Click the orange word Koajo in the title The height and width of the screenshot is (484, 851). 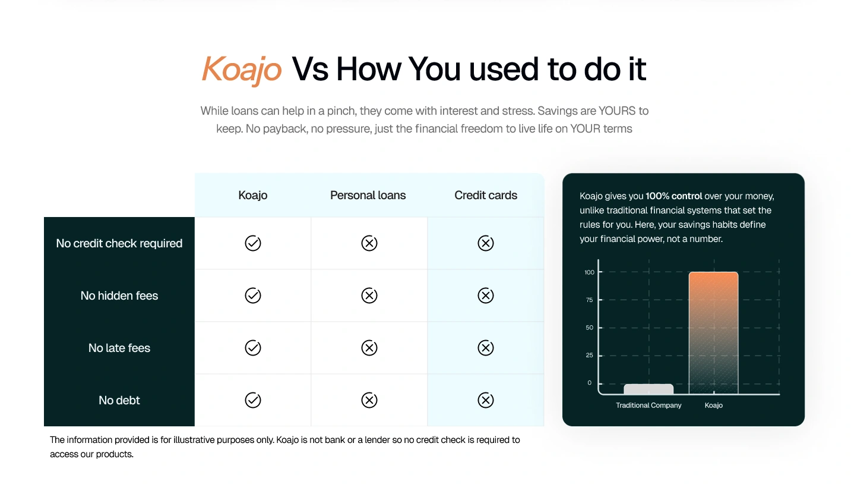click(242, 70)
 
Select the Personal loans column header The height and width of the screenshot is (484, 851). click(368, 195)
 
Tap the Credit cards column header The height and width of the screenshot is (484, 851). click(486, 195)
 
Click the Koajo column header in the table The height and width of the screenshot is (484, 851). click(252, 195)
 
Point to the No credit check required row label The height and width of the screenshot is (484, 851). click(119, 243)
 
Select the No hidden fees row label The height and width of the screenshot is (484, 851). click(119, 296)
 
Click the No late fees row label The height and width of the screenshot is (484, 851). click(119, 348)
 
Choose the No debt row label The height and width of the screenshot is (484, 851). click(119, 400)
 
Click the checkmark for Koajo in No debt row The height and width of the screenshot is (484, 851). click(252, 400)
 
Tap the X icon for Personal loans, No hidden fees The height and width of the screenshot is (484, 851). click(369, 296)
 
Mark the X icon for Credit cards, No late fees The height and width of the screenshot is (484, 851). click(486, 348)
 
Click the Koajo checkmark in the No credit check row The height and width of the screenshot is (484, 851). click(252, 243)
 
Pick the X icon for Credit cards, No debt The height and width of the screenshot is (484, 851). click(486, 400)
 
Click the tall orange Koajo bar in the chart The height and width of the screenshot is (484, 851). click(713, 333)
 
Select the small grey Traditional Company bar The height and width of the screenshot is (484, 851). click(648, 389)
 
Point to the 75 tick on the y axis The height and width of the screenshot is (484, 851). click(589, 300)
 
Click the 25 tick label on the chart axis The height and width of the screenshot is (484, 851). click(589, 355)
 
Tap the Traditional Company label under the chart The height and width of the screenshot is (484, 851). click(648, 406)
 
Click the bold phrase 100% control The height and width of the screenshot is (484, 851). click(673, 196)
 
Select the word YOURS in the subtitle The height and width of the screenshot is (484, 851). click(617, 111)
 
